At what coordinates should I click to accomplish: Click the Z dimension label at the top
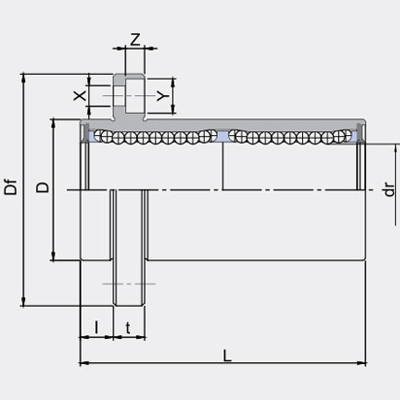(x=135, y=40)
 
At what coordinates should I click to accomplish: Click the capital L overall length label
(x=227, y=355)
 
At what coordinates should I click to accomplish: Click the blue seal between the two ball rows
(x=223, y=138)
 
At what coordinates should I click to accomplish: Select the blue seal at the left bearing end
(x=90, y=137)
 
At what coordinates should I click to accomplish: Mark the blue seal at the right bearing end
(x=359, y=137)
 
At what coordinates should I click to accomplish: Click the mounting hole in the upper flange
(x=122, y=96)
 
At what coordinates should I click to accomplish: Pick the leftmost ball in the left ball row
(x=99, y=137)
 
